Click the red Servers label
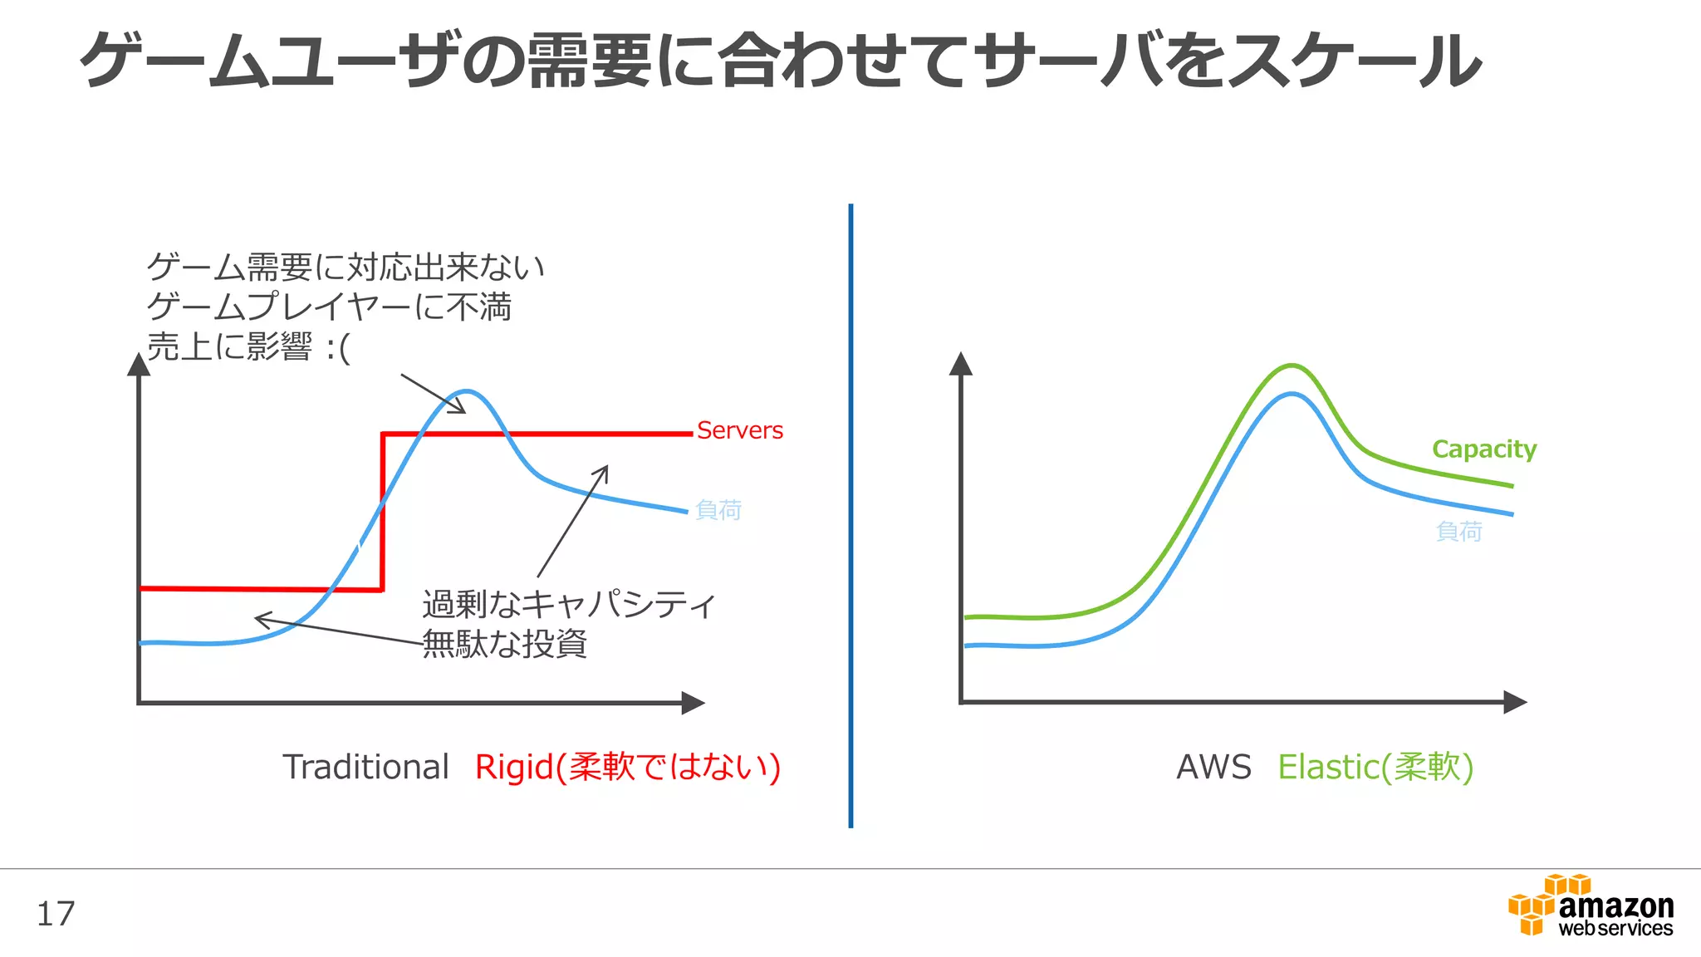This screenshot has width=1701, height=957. (739, 430)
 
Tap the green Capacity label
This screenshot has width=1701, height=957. (1484, 449)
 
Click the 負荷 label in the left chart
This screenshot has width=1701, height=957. (718, 509)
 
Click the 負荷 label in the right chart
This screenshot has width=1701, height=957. (1459, 531)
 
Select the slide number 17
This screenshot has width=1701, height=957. (56, 914)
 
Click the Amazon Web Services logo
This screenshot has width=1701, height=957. (1591, 907)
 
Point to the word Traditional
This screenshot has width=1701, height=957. (365, 767)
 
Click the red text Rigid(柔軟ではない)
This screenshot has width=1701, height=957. (627, 767)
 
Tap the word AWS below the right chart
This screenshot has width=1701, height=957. (1213, 767)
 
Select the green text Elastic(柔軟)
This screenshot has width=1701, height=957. (1375, 767)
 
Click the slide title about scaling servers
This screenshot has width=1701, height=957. (781, 61)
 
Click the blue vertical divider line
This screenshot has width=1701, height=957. (850, 515)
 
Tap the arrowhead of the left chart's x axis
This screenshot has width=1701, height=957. (694, 703)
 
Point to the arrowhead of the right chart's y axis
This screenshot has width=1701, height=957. (961, 363)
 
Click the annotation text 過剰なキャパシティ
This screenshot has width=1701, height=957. (569, 604)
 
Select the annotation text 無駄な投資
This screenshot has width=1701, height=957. (505, 644)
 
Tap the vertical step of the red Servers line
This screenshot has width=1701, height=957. (382, 511)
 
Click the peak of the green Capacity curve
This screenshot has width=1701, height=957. (1292, 366)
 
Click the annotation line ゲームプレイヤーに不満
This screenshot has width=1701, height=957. (329, 307)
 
